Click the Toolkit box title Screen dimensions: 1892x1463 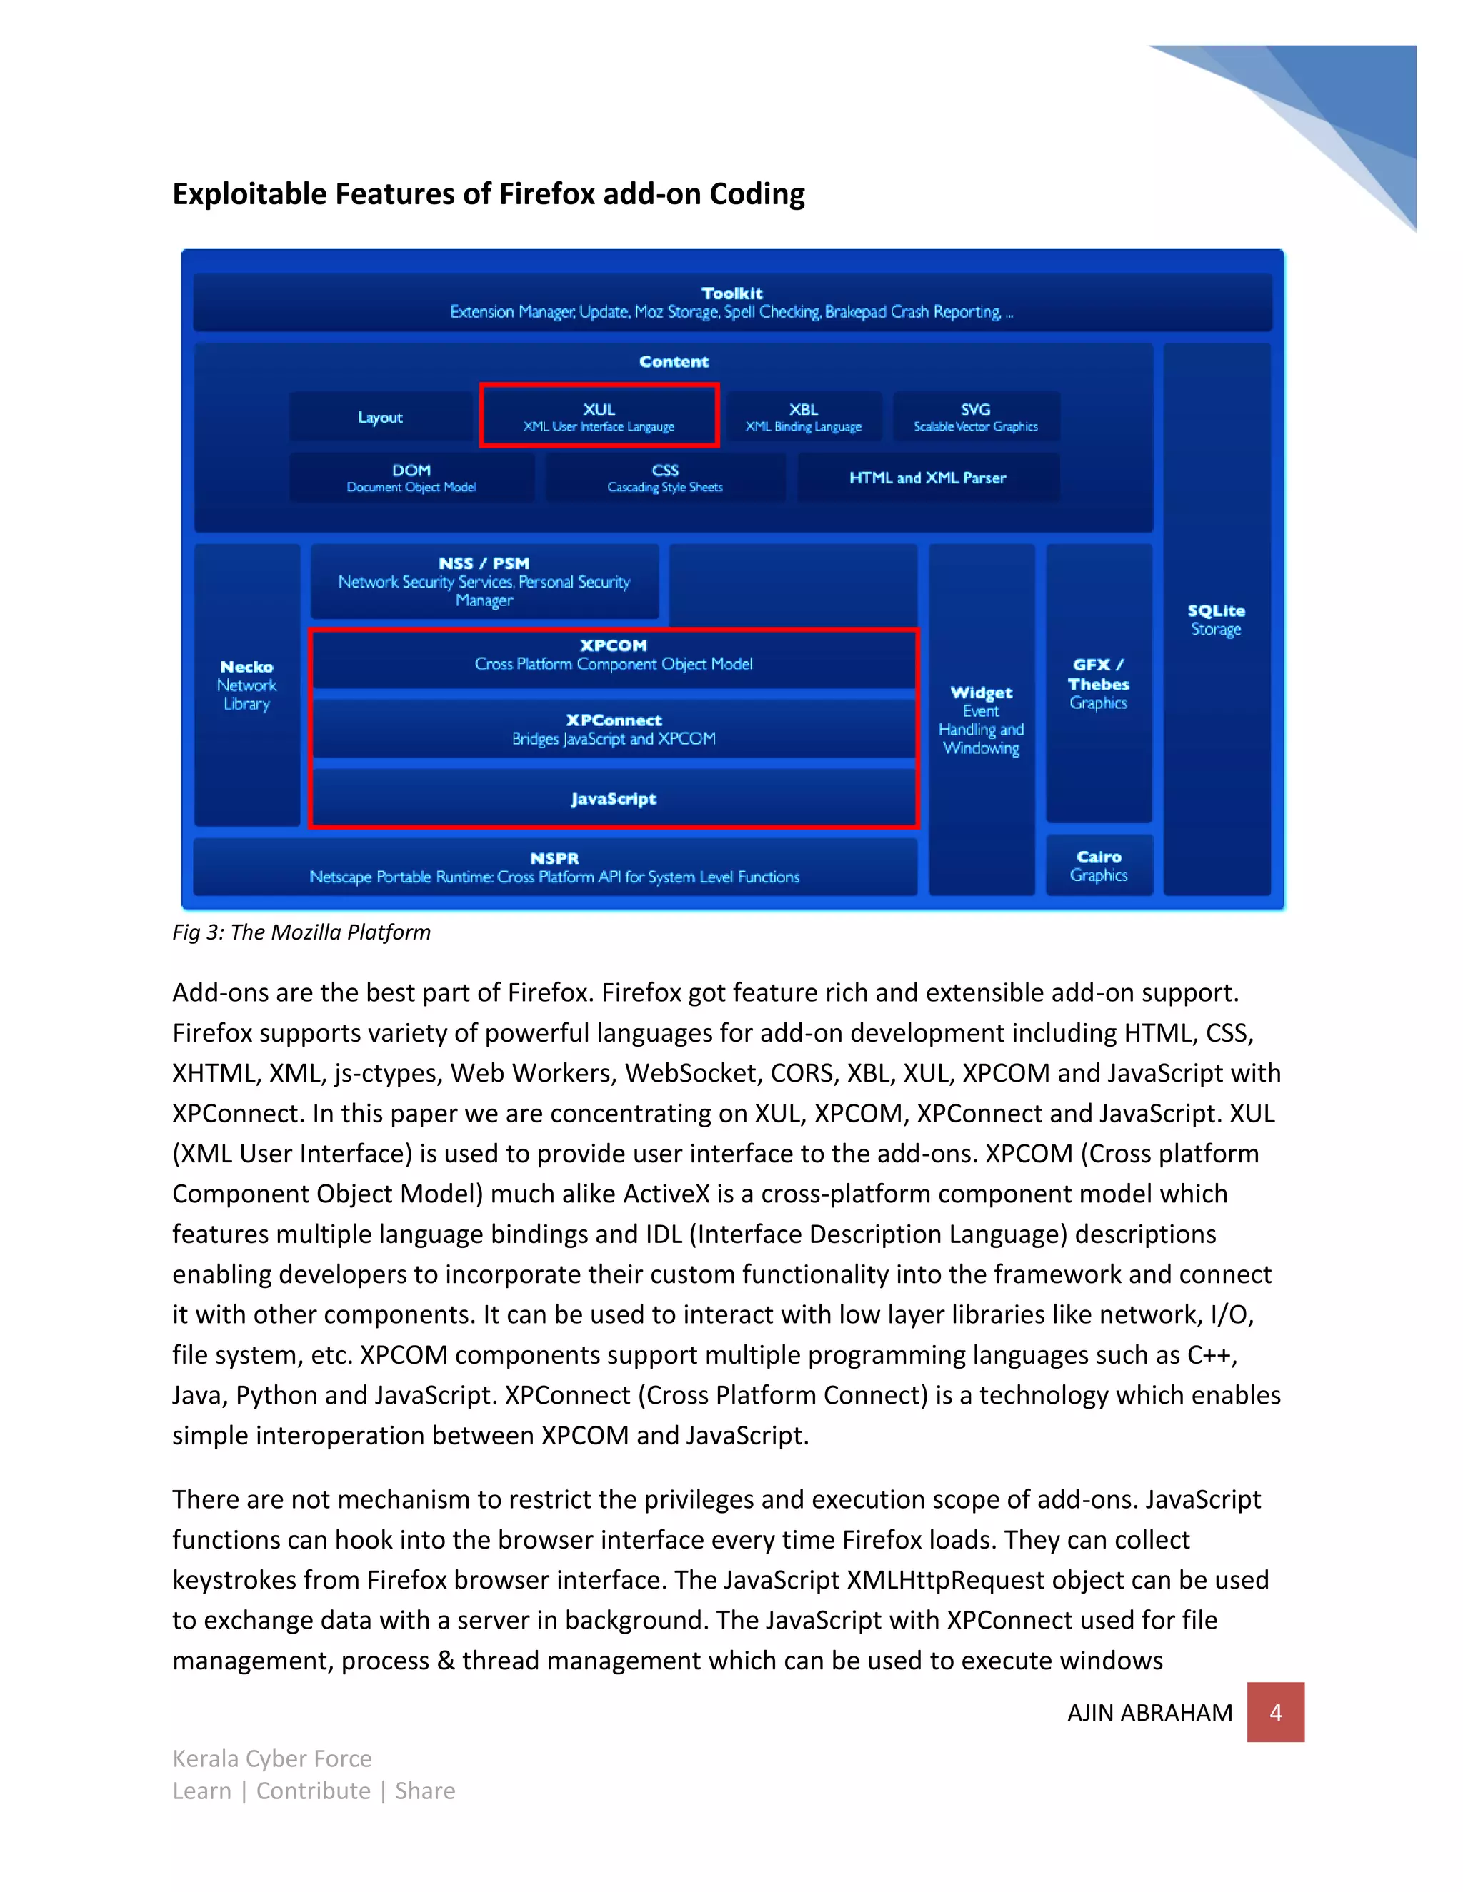(731, 293)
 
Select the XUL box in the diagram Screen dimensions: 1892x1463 (599, 416)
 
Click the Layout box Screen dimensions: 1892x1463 (381, 417)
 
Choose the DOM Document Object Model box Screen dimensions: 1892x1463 (411, 478)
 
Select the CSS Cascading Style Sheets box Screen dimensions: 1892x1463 (665, 478)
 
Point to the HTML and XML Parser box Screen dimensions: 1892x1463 (927, 478)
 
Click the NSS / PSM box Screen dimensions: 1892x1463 (484, 580)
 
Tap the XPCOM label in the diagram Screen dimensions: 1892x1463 (614, 645)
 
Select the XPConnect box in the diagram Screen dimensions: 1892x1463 (614, 728)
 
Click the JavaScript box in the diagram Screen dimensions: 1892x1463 (614, 799)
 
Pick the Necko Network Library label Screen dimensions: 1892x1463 (247, 685)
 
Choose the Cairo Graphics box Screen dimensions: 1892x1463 (1099, 865)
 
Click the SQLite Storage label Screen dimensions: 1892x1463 (1216, 620)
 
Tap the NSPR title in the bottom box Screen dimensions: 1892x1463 (554, 857)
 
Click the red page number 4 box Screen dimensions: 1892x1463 (1275, 1712)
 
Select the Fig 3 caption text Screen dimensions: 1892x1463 (301, 932)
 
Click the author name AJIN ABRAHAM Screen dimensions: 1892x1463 (1149, 1713)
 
